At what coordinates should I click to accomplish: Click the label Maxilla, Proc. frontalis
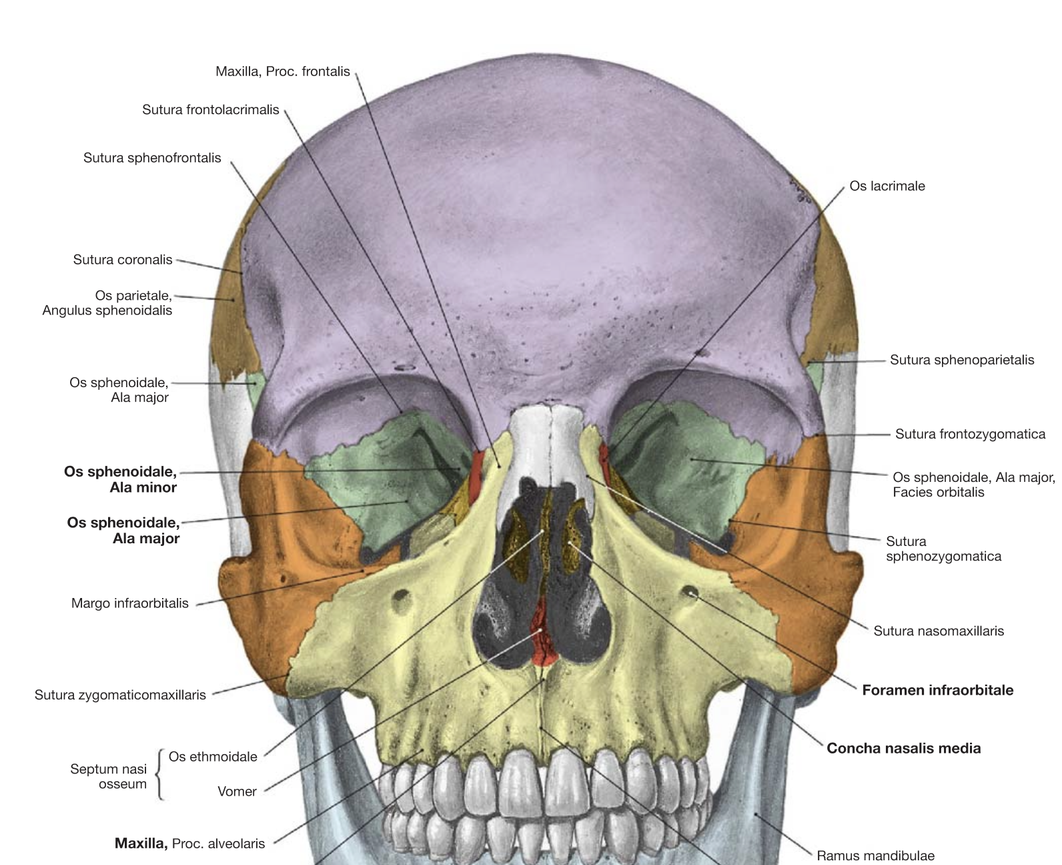point(283,72)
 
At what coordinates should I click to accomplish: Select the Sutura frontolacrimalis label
point(210,109)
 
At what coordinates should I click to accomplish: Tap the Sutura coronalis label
point(123,260)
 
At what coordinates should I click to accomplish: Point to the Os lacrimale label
point(887,186)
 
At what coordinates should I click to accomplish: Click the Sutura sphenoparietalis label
point(962,360)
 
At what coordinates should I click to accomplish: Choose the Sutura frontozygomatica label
point(970,434)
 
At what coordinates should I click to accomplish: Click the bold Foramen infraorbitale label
point(937,690)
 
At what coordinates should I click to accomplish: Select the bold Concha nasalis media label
point(903,748)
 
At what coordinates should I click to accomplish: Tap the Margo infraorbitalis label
point(129,603)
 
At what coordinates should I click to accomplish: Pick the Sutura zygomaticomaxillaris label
point(120,695)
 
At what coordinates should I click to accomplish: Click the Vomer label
point(237,792)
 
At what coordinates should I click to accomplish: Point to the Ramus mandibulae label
point(875,856)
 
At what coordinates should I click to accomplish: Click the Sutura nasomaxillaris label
point(939,631)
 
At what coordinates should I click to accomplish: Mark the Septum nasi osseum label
point(109,776)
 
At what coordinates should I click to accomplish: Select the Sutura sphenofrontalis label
point(152,158)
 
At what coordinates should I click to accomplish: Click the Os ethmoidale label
point(213,757)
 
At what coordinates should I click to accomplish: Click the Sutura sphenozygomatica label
point(943,549)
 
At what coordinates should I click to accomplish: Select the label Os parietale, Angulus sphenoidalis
point(107,303)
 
